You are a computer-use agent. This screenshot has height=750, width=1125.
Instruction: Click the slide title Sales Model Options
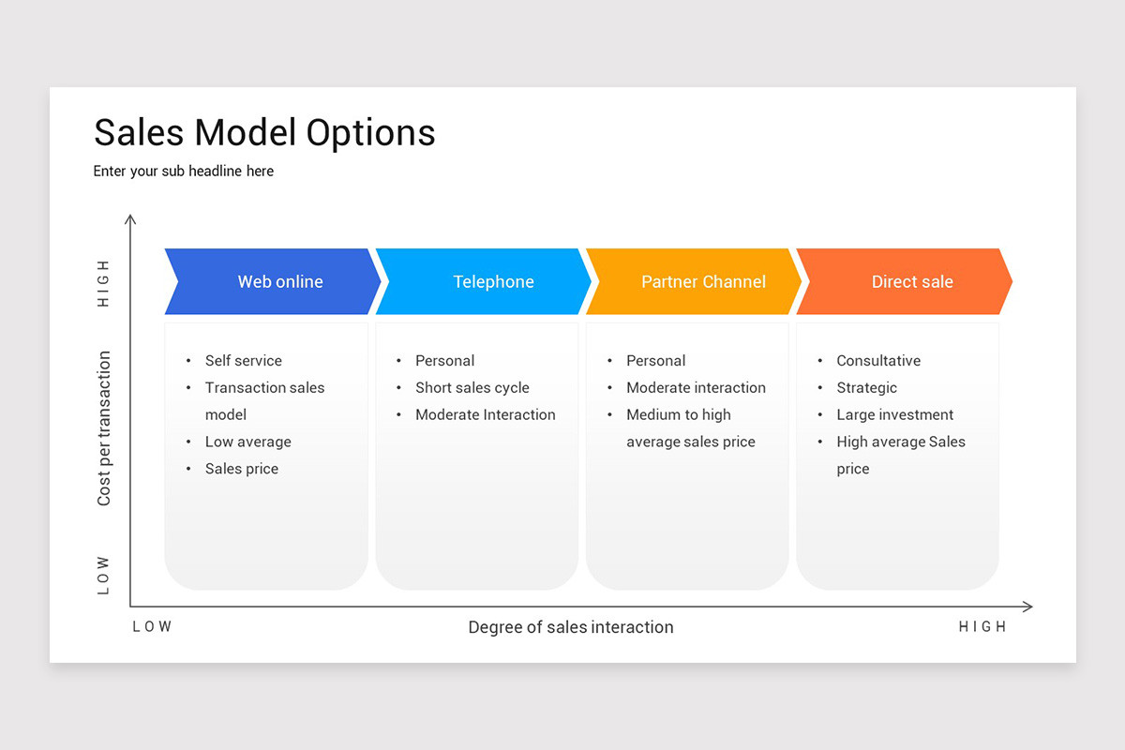pyautogui.click(x=264, y=132)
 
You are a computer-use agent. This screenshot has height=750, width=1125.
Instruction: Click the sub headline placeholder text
pyautogui.click(x=184, y=172)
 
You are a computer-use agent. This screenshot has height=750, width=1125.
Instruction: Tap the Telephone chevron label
pyautogui.click(x=493, y=281)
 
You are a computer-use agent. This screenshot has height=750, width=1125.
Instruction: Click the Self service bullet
pyautogui.click(x=243, y=361)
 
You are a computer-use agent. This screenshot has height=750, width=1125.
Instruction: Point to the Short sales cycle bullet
pyautogui.click(x=472, y=388)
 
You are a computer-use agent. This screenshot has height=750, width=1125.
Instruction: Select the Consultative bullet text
pyautogui.click(x=878, y=361)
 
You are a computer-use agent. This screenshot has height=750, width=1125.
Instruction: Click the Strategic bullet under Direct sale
pyautogui.click(x=866, y=388)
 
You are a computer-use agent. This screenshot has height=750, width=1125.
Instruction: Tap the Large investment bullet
pyautogui.click(x=894, y=415)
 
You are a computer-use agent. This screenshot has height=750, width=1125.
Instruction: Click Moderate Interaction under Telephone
pyautogui.click(x=485, y=415)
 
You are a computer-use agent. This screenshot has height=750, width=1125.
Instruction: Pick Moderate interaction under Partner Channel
pyautogui.click(x=696, y=388)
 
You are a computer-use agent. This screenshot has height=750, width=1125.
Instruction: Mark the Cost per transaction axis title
pyautogui.click(x=104, y=428)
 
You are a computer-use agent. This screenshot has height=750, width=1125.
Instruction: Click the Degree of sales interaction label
pyautogui.click(x=570, y=627)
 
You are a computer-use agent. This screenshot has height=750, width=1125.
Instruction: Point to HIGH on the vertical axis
pyautogui.click(x=104, y=283)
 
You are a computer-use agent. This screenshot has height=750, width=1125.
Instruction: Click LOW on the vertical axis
pyautogui.click(x=104, y=576)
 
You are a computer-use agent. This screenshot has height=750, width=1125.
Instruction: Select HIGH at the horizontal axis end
pyautogui.click(x=982, y=627)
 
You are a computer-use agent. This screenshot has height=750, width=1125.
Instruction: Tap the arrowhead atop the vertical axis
pyautogui.click(x=130, y=218)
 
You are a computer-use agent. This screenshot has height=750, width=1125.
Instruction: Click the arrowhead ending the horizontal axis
pyautogui.click(x=1028, y=607)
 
